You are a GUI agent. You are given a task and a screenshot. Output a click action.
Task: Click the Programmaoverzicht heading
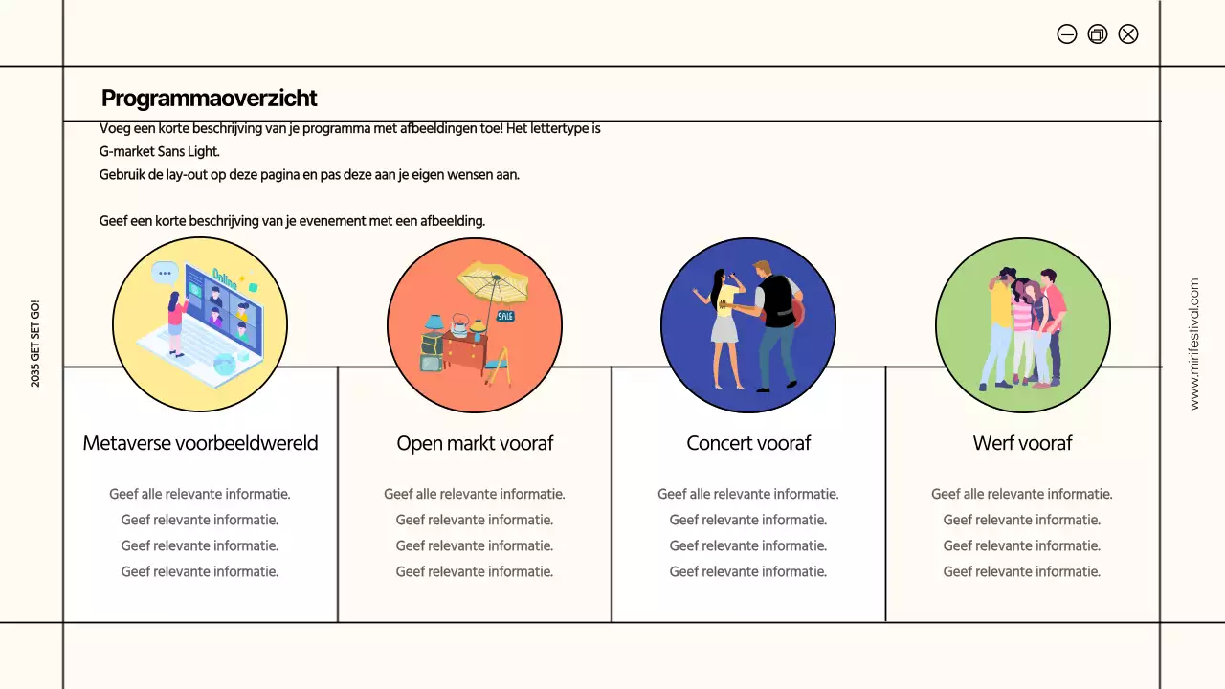click(209, 99)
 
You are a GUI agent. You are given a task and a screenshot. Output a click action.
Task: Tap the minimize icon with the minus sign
click(1067, 34)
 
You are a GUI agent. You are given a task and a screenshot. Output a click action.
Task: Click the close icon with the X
click(1128, 34)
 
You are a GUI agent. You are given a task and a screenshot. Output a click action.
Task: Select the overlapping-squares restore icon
click(1098, 34)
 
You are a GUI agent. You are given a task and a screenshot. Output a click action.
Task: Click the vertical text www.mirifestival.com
click(1193, 344)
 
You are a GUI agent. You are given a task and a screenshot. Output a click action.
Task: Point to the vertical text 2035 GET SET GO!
click(35, 344)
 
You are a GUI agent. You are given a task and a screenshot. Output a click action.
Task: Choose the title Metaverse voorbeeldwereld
click(200, 443)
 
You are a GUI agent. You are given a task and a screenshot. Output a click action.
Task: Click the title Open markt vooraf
click(475, 443)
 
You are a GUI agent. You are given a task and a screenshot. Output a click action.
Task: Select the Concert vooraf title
click(748, 443)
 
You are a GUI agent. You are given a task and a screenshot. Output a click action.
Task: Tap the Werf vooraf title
click(1022, 443)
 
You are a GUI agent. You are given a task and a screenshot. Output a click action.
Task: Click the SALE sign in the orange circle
click(505, 316)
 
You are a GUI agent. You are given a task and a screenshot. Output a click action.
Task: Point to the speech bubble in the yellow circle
click(166, 273)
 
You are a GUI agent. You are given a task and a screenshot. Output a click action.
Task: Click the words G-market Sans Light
click(160, 151)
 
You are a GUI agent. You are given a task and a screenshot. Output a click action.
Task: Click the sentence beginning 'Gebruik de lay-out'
click(309, 175)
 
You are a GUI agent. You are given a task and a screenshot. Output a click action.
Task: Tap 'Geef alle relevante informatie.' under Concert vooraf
click(748, 495)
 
